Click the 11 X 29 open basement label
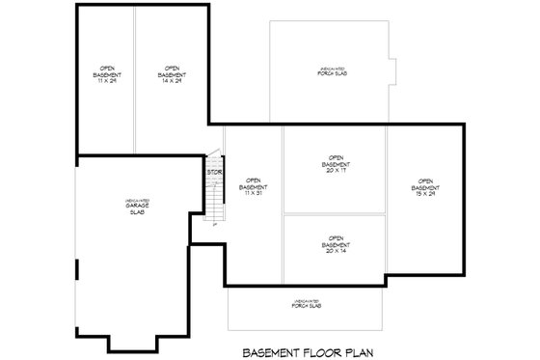click(105, 73)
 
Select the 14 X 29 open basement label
click(171, 73)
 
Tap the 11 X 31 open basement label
click(255, 185)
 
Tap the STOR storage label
click(214, 173)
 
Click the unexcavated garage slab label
click(136, 208)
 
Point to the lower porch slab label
click(308, 303)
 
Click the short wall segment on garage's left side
click(76, 267)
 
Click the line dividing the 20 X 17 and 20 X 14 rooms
click(336, 214)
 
